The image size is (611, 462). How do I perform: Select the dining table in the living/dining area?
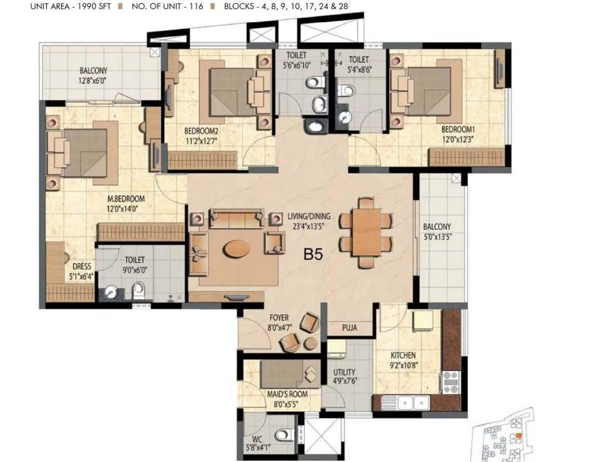[366, 233]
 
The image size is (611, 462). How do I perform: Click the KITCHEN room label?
[404, 355]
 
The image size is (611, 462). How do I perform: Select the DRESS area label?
[81, 267]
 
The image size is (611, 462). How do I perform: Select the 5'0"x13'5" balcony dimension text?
[438, 237]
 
